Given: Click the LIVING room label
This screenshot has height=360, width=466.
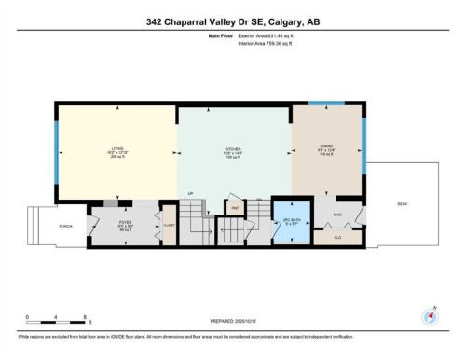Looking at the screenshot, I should tap(117, 149).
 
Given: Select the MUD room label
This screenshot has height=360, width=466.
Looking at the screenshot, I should tap(337, 215).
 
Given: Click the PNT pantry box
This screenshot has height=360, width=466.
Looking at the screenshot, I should tap(236, 207).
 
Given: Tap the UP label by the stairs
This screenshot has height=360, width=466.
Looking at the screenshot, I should tap(191, 194).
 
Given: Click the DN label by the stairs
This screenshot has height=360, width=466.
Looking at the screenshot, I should tap(257, 200).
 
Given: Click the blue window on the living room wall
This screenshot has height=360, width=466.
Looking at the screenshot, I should tap(57, 149).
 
